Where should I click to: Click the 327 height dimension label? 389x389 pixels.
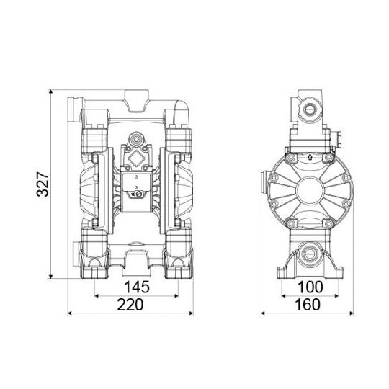click(43, 184)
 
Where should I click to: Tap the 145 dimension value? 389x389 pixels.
click(137, 287)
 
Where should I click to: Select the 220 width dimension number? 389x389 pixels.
click(130, 305)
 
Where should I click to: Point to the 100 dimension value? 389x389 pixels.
click(310, 287)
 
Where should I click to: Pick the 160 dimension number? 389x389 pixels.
click(308, 305)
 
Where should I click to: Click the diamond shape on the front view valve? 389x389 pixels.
click(135, 158)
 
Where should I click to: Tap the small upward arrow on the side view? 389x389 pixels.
click(310, 157)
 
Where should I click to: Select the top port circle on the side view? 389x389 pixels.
click(309, 109)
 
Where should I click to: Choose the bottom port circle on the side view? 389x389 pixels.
click(309, 255)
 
